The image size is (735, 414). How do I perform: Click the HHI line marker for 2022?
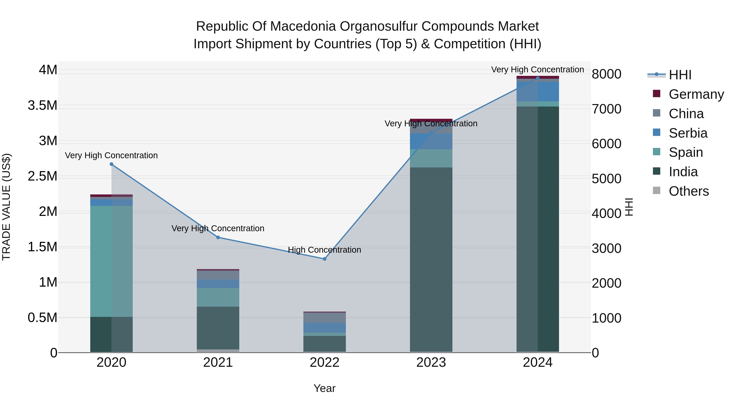[324, 259]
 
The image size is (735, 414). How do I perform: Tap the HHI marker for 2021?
[218, 237]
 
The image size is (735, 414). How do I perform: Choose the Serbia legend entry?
[688, 133]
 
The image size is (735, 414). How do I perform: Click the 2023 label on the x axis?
[431, 362]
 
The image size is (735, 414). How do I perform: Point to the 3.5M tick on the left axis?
[42, 105]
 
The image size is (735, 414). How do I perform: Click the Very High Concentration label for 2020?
[111, 155]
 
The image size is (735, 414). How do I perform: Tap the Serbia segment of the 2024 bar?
[538, 91]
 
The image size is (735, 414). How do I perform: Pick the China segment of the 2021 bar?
[218, 275]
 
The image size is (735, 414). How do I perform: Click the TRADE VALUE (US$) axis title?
[6, 207]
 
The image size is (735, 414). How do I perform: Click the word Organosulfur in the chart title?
[378, 27]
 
